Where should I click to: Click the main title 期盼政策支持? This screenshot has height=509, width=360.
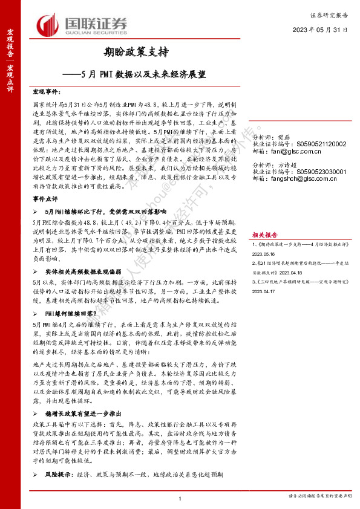[131, 53]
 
